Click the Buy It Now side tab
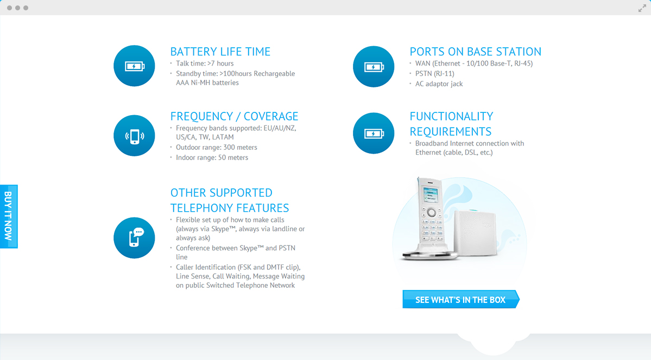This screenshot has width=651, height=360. click(9, 216)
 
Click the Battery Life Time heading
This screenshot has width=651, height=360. click(220, 52)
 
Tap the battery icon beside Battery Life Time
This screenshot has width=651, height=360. click(134, 66)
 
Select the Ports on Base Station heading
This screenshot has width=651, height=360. click(476, 52)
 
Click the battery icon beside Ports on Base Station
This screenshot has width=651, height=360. click(374, 66)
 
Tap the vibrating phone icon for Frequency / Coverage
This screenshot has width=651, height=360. click(134, 136)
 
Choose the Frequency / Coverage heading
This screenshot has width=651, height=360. click(234, 116)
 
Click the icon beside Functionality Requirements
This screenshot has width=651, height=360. click(374, 133)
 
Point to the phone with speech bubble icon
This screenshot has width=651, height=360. click(134, 238)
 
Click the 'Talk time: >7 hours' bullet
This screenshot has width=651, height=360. click(205, 64)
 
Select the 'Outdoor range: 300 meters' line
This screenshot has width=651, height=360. click(216, 147)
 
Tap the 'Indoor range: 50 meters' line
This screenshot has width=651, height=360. click(212, 158)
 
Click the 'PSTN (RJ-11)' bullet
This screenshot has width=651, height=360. click(435, 74)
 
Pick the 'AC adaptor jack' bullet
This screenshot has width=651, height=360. click(439, 84)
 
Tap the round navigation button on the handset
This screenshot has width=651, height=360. click(431, 213)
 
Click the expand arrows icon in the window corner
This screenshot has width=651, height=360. click(642, 8)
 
